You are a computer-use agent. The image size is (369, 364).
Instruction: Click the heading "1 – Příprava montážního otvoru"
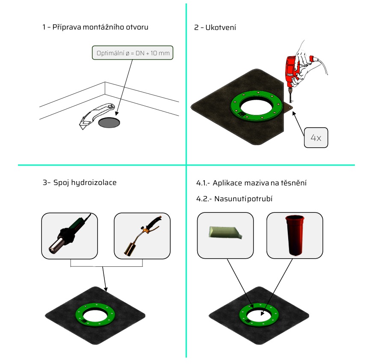(95, 27)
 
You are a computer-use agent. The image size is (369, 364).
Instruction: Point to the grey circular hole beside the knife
(109, 123)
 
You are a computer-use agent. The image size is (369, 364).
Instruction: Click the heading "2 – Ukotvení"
(215, 27)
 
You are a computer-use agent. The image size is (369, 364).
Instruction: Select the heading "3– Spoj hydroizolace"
(80, 182)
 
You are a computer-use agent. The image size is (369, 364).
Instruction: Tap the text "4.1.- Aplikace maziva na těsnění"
(251, 183)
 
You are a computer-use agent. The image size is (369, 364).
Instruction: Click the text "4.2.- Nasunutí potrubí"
(234, 199)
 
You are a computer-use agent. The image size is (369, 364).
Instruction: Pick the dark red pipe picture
(295, 235)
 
